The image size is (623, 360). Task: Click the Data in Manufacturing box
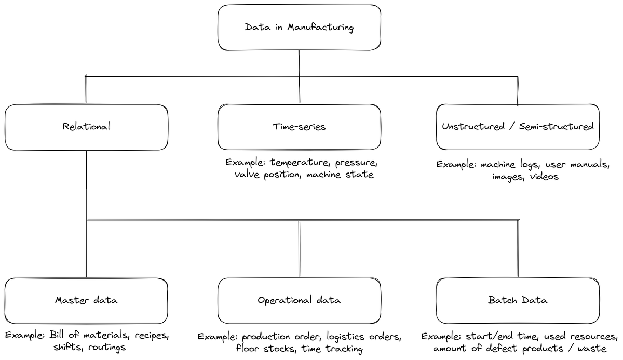[299, 28]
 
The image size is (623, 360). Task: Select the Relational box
[86, 127]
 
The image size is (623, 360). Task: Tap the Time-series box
[299, 127]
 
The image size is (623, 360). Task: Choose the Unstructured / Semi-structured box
[518, 127]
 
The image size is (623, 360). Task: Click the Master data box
[86, 300]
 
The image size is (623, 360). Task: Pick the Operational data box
[299, 300]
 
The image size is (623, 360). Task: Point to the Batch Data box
[518, 300]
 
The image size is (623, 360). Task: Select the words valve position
[267, 175]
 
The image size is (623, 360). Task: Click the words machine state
[340, 175]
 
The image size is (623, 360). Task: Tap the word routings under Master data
[106, 347]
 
